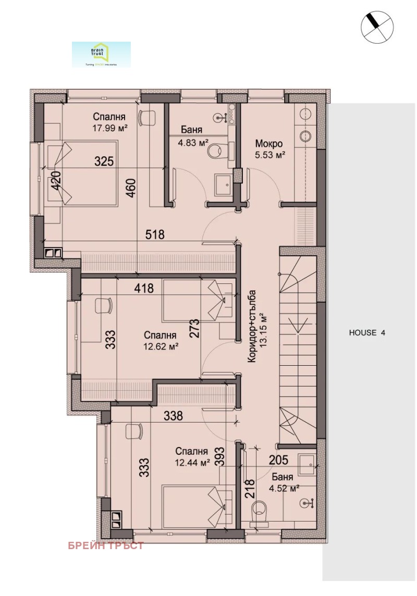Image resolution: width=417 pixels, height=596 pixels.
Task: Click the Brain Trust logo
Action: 101,54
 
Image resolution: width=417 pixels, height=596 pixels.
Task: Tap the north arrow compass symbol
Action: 376,26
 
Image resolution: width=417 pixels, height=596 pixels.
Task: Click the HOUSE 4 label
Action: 367,332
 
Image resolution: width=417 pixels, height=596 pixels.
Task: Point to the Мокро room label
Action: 269,144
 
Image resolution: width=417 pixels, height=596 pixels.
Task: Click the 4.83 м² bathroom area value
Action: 195,141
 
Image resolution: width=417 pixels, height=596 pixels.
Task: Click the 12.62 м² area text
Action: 161,345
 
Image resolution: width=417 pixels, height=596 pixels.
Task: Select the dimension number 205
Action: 279,459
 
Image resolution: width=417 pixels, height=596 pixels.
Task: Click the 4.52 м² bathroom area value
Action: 285,488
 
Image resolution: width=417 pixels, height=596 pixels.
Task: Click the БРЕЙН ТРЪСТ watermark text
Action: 106,546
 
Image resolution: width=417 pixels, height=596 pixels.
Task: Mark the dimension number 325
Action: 104,162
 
